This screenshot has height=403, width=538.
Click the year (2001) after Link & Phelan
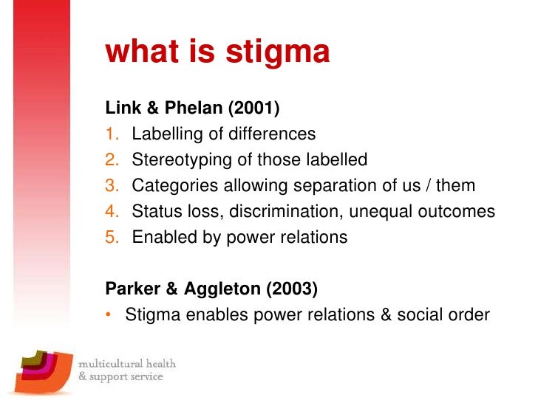pyautogui.click(x=253, y=109)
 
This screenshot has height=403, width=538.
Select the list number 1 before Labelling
pyautogui.click(x=112, y=134)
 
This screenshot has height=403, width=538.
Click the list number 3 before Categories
pyautogui.click(x=112, y=186)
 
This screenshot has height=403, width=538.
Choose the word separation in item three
pyautogui.click(x=339, y=186)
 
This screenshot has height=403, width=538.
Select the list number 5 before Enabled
pyautogui.click(x=112, y=238)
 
